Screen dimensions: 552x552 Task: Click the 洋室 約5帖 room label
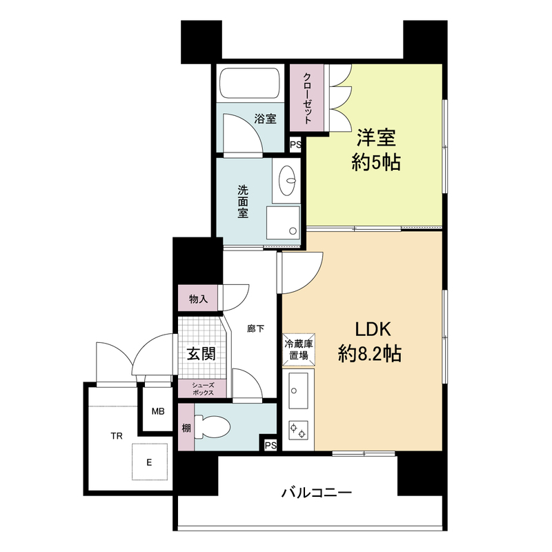point(376,150)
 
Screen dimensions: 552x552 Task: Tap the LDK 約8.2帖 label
point(370,342)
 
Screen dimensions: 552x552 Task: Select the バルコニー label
point(316,492)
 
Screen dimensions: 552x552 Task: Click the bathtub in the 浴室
point(250,83)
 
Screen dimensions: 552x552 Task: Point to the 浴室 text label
point(265,119)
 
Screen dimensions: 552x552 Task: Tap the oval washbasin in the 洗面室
point(287,180)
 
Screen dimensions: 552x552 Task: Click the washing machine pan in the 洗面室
point(283,222)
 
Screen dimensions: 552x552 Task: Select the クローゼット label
point(307,98)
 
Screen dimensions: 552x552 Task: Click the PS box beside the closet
point(295,145)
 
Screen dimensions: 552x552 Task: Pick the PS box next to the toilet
point(270,445)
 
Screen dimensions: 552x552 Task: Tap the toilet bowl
point(213,426)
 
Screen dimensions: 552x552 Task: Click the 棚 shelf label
point(186,428)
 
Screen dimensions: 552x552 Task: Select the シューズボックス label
point(203,388)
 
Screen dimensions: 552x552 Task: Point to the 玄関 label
point(201,353)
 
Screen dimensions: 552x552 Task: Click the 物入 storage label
point(198,299)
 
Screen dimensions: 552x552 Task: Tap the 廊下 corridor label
point(255,329)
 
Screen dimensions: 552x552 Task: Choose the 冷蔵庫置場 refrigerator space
point(299,350)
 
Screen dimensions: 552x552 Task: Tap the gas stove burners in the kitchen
point(298,430)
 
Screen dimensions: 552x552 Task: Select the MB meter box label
point(158,411)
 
